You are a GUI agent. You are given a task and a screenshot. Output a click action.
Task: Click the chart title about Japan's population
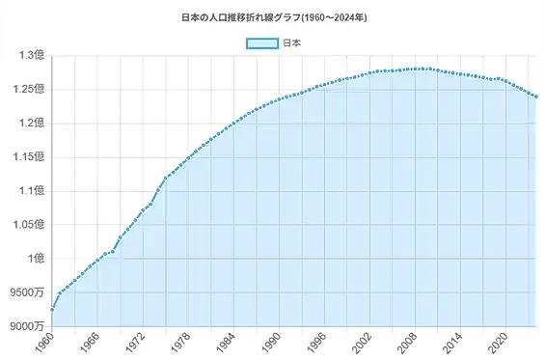tap(272, 17)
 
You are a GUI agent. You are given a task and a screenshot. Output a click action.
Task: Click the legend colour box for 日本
tap(260, 43)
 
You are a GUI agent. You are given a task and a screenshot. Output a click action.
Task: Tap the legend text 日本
tap(292, 43)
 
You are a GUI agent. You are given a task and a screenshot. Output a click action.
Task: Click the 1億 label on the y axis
tap(36, 258)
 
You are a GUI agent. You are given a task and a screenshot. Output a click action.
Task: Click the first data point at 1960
tap(52, 309)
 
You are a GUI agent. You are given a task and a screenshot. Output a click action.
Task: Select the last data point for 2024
tap(536, 97)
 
